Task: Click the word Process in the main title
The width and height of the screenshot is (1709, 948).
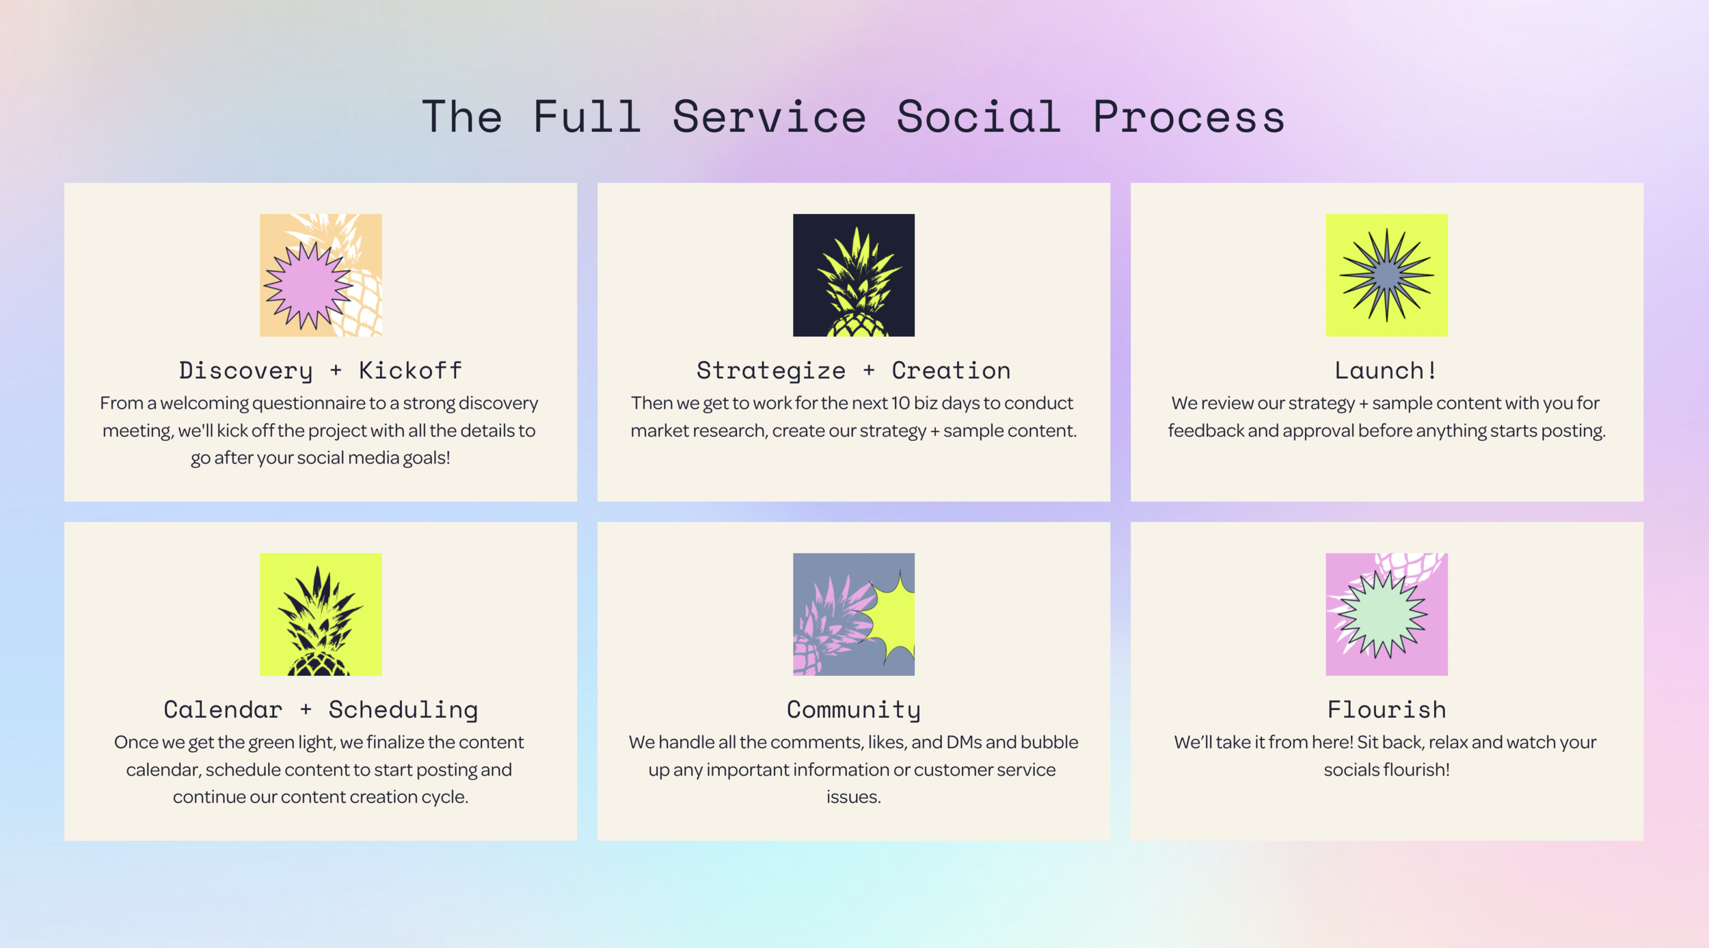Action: click(1189, 118)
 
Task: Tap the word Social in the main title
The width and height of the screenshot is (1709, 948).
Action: click(978, 116)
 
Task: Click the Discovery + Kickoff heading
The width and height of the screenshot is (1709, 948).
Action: click(321, 371)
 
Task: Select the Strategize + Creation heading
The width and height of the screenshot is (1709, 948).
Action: click(853, 371)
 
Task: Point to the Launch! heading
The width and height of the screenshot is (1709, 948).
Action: click(1386, 370)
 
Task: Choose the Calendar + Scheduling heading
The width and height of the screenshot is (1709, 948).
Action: click(321, 710)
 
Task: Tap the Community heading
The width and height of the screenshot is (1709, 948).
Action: click(853, 710)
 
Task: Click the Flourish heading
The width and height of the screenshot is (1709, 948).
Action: click(1386, 709)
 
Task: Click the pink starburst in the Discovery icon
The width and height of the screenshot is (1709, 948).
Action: click(308, 286)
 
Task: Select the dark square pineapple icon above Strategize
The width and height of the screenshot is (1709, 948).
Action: click(854, 275)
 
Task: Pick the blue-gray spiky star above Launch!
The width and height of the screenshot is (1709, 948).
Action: click(1386, 275)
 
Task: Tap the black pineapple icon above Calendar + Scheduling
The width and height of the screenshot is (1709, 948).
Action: click(321, 614)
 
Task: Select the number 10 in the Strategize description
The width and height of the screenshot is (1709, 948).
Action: click(900, 403)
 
